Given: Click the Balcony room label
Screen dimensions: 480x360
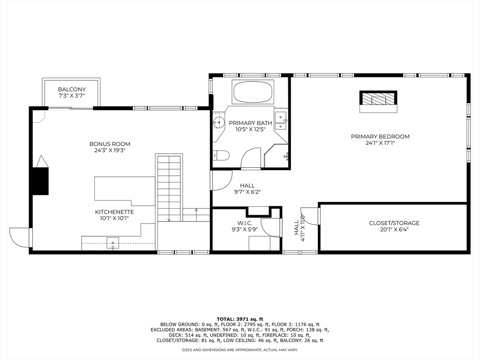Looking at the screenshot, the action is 72,90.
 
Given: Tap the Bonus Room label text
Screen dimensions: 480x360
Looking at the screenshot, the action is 110,144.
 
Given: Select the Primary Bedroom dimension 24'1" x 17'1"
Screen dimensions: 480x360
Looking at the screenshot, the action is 380,142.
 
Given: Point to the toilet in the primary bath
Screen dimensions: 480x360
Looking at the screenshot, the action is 221,156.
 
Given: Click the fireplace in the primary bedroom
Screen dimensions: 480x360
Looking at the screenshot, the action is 378,102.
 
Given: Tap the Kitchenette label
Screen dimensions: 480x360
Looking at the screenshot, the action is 114,212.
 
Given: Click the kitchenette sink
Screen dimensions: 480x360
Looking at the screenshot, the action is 112,243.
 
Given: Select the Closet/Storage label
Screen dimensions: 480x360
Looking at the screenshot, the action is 394,223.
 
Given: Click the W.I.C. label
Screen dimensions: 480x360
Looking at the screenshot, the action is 245,224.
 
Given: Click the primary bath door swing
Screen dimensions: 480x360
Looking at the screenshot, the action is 251,158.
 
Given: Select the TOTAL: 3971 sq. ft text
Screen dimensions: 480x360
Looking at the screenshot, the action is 240,319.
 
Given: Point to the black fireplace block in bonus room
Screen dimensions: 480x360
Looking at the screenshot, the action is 41,181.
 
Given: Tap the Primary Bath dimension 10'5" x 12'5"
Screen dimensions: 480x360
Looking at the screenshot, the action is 250,129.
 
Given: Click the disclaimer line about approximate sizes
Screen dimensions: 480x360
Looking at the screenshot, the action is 240,350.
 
